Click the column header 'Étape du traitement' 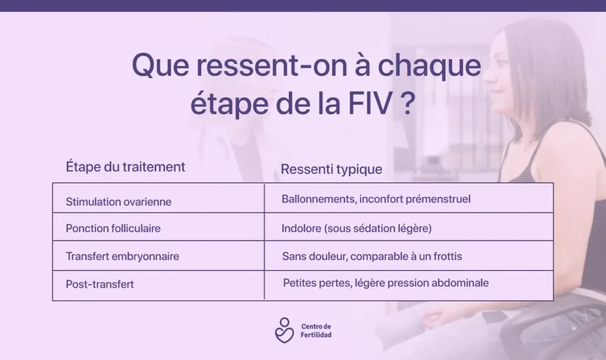click(125, 166)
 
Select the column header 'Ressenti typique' click(331, 169)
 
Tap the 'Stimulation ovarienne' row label click(118, 202)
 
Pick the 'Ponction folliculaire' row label click(113, 229)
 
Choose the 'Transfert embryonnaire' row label click(122, 256)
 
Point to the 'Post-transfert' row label click(99, 284)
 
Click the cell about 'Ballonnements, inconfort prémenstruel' click(376, 199)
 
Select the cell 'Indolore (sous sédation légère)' click(356, 229)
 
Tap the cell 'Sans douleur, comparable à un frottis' click(372, 256)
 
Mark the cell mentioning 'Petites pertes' click(386, 283)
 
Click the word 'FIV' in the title click(370, 103)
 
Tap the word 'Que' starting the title click(160, 65)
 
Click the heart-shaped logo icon click(285, 330)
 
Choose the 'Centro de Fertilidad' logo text click(316, 330)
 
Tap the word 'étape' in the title click(229, 104)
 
